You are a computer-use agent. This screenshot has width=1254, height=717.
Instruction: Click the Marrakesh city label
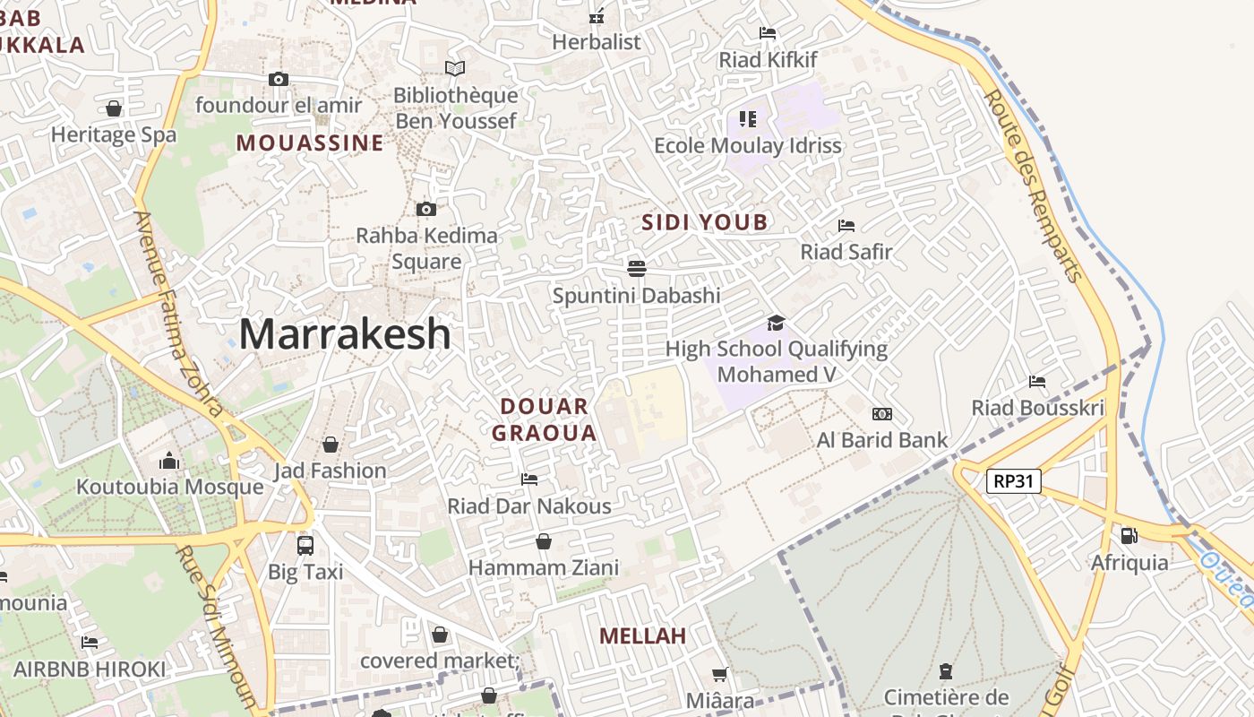[345, 334]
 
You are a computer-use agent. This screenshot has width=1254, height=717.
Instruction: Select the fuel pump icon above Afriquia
[1129, 536]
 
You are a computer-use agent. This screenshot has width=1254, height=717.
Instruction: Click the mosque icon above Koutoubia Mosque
[169, 461]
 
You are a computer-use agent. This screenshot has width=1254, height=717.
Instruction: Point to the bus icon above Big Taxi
[305, 545]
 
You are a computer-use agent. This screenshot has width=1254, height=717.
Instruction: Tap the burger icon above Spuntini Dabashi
[637, 268]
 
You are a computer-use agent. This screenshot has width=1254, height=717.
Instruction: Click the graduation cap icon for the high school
[776, 323]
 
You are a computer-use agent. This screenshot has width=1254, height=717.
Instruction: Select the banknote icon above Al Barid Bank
[882, 414]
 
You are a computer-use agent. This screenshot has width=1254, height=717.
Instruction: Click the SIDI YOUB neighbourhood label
[705, 222]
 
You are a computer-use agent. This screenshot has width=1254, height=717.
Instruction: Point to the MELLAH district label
[642, 636]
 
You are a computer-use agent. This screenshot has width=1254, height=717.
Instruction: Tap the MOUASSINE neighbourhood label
[310, 143]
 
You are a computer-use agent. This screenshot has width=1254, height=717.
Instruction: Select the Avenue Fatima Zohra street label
[178, 313]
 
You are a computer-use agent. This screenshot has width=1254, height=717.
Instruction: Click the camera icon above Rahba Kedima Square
[426, 209]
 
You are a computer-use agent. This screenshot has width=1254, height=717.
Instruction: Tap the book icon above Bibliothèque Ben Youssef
[455, 68]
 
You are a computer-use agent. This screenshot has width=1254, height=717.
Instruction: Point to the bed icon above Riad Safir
[846, 225]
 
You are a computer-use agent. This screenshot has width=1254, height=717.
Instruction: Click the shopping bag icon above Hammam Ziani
[543, 541]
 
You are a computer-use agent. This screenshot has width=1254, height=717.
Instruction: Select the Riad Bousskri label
[1037, 409]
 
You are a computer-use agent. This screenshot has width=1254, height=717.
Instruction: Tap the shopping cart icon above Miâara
[719, 674]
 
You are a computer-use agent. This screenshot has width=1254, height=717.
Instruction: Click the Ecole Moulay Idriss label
[748, 145]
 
